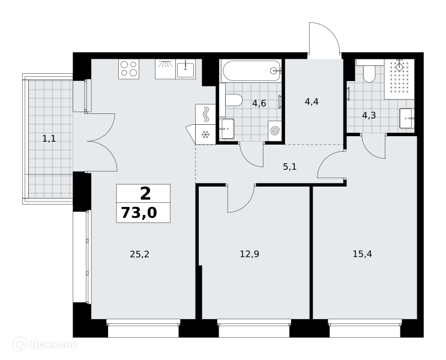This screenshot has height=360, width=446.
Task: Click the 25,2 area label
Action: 139,254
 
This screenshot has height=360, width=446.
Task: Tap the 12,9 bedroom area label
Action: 250,254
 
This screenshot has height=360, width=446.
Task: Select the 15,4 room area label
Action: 363,254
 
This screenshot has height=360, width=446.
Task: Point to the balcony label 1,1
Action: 49,139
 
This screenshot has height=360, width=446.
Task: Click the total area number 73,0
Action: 139,212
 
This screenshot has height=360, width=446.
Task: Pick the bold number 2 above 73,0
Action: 145,194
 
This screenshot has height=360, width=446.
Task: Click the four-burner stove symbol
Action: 129,69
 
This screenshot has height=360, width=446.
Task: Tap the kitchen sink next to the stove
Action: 185,70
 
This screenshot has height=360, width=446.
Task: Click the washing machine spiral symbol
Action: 275,131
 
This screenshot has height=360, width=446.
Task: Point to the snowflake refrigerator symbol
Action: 205,134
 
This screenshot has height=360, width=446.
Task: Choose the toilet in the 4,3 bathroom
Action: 369,71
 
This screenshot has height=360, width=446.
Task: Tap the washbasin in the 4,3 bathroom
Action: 406,118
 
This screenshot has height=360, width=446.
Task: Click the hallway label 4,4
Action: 312,101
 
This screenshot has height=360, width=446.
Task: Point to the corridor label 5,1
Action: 290,167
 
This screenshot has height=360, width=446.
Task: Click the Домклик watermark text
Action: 53,344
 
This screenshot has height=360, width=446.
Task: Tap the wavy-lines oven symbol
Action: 205,115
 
